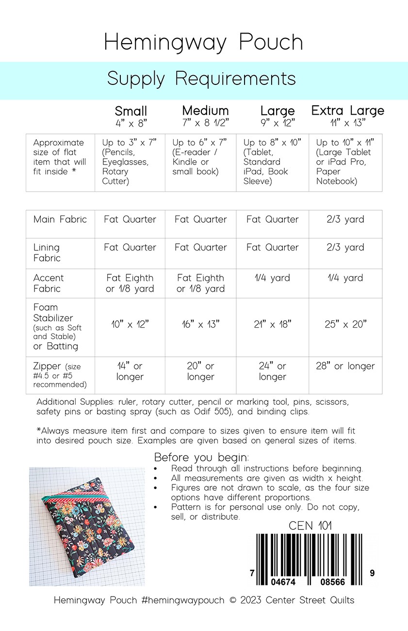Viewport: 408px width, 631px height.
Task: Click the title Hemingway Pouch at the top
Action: (x=204, y=43)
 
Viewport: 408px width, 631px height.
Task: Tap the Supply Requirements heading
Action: (x=201, y=79)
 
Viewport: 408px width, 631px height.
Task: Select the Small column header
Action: (x=131, y=111)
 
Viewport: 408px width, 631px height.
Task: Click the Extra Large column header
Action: (x=347, y=111)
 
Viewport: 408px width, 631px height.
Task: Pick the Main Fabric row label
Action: (x=60, y=219)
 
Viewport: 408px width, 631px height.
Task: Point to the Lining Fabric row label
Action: (x=48, y=252)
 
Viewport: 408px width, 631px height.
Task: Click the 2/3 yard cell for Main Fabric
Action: (x=345, y=219)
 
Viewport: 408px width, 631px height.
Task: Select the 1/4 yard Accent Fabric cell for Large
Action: (x=272, y=278)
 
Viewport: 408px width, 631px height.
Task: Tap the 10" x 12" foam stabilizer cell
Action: (x=130, y=324)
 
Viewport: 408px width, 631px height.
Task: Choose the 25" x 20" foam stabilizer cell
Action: (x=345, y=324)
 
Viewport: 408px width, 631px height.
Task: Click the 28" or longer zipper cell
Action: (x=345, y=366)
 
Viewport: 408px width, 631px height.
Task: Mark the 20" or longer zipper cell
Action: (x=200, y=371)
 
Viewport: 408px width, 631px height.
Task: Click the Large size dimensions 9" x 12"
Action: (x=277, y=123)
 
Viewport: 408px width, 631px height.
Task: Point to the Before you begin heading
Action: (x=201, y=457)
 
